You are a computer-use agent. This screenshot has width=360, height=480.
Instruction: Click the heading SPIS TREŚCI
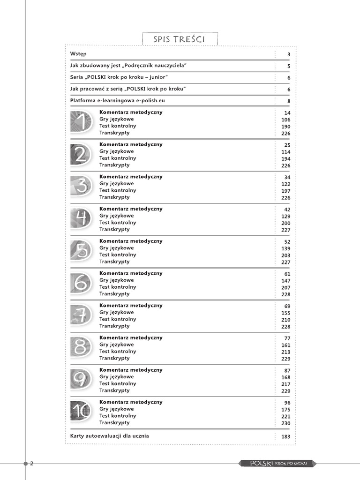[180, 38]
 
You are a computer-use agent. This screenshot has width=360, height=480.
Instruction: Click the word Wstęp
[78, 54]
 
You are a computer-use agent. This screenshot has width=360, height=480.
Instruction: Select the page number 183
[286, 437]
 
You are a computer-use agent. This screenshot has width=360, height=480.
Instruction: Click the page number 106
[286, 120]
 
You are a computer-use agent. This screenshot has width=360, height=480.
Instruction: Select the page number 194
[286, 159]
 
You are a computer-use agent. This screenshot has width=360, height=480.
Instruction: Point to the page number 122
[286, 184]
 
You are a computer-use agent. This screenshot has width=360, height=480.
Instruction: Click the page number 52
[287, 242]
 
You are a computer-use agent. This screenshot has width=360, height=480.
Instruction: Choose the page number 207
[286, 288]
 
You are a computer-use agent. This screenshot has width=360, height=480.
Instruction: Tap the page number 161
[286, 345]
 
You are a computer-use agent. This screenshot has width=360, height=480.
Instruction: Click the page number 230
[286, 423]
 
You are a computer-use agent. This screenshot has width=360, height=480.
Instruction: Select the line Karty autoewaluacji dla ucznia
[109, 436]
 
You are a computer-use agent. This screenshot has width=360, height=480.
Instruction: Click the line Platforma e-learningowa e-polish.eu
[118, 100]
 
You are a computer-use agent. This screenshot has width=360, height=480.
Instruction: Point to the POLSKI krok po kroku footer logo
[278, 463]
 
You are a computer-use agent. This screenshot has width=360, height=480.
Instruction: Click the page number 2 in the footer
[31, 464]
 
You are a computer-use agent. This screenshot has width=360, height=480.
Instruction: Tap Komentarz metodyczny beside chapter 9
[131, 370]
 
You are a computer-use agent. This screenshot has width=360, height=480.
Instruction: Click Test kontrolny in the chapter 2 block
[118, 158]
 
